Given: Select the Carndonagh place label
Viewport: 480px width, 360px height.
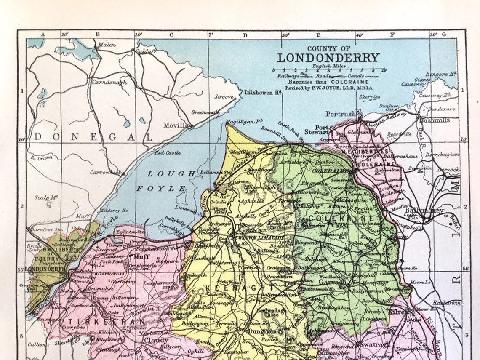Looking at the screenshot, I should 109,83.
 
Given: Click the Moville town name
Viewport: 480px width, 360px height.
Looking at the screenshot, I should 175,125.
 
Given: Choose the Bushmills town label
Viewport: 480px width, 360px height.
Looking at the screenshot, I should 434,120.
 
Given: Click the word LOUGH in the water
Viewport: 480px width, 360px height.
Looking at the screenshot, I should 171,173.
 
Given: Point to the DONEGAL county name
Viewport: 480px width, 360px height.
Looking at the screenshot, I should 93,137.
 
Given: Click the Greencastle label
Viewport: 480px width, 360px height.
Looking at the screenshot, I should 205,112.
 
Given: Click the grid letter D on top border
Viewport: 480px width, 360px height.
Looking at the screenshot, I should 245,35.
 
